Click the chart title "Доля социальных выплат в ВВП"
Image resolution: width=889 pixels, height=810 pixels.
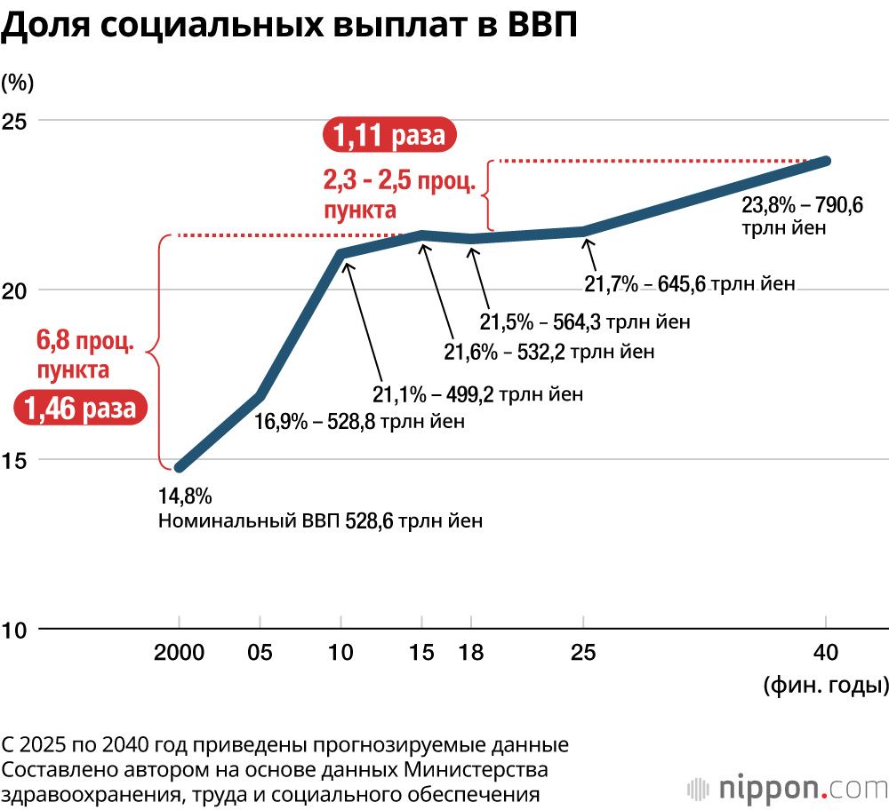(x=289, y=27)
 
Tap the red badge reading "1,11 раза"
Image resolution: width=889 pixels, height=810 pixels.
(x=388, y=136)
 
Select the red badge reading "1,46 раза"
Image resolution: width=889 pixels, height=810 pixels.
(x=80, y=409)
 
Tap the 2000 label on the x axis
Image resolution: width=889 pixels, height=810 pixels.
(x=180, y=654)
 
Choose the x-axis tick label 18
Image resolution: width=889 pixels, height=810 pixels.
(x=471, y=654)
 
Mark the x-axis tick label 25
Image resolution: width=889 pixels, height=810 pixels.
(x=583, y=654)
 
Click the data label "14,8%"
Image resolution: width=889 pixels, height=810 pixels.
(x=185, y=496)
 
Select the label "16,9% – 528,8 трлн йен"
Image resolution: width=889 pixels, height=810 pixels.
(x=359, y=421)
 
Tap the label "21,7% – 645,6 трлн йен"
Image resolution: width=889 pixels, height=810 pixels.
(x=689, y=285)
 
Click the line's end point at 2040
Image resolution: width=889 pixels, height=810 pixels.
(x=827, y=161)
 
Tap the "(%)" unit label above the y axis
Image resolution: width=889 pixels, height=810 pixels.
(x=18, y=83)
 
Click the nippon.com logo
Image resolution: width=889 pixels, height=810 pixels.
(x=787, y=788)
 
